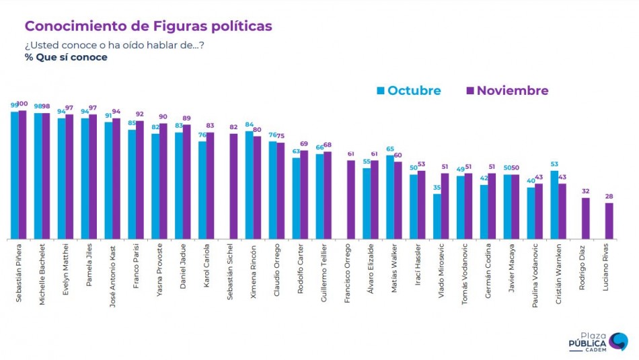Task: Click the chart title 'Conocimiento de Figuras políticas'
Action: point(148,26)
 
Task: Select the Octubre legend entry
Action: point(408,91)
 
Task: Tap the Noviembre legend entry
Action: point(507,91)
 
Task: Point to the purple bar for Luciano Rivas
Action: point(609,221)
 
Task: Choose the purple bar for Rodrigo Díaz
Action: point(585,218)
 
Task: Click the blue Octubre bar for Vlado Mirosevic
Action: point(437,216)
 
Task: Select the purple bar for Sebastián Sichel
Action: point(233,186)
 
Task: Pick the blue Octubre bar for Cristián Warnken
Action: point(554,205)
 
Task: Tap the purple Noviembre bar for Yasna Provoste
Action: point(163,181)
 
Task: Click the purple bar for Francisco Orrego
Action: point(350,199)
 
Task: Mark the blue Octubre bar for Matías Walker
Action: point(390,196)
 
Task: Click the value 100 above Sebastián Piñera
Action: point(23,104)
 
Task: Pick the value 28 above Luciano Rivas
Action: point(609,196)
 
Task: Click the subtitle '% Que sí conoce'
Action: point(66,57)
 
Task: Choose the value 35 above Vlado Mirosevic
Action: point(437,188)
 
